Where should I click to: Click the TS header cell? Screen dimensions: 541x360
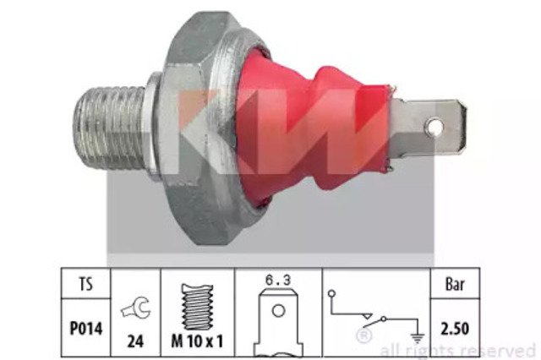point(86,284)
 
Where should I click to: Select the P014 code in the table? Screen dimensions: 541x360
point(86,328)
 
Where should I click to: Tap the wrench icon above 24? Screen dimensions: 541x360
point(135,308)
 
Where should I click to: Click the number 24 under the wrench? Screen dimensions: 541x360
point(135,341)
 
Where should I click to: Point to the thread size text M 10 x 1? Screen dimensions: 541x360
point(197,341)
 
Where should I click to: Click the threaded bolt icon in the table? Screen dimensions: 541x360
point(197,307)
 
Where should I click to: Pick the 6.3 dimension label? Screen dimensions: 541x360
point(278,280)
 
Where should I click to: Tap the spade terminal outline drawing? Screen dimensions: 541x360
point(278,323)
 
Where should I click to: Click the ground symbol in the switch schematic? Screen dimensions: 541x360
point(418,339)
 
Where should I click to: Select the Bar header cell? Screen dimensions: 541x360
point(455,284)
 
